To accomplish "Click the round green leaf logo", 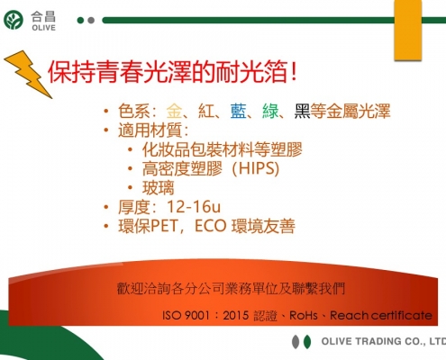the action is tap(14, 20).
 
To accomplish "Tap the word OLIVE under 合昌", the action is tap(43, 28).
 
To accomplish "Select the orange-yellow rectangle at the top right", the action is tap(408, 30).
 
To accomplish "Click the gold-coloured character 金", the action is tap(174, 111).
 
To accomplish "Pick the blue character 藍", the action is tap(239, 111).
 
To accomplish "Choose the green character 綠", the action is tap(270, 111).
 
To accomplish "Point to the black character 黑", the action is tap(302, 111).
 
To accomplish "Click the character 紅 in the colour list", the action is tap(206, 111).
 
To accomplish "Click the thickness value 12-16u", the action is tap(194, 207).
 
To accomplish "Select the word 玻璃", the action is tap(158, 188).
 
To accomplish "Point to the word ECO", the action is tap(210, 226).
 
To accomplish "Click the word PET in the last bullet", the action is tap(164, 226).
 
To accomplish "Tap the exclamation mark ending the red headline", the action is tap(294, 72).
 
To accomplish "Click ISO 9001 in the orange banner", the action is tap(186, 316).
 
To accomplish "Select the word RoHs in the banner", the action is tap(303, 316).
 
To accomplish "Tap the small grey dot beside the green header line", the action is tap(91, 21).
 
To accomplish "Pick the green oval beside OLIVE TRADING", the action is tap(307, 342).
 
